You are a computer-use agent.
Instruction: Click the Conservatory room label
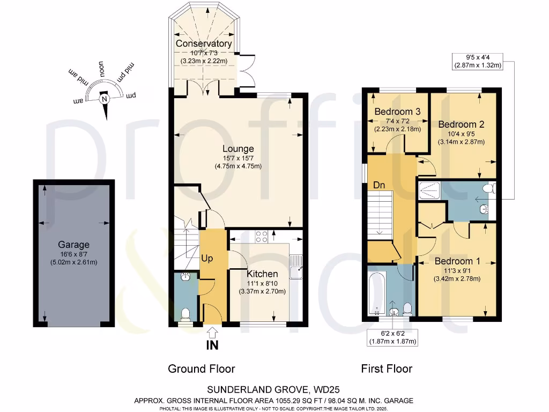click(203, 43)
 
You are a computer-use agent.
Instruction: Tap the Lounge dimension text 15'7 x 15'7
click(238, 158)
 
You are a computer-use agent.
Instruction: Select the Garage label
click(73, 245)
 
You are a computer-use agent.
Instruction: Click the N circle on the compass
click(104, 99)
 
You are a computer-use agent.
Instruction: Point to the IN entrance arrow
click(212, 333)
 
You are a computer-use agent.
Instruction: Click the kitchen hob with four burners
click(262, 237)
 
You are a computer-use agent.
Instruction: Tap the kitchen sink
click(296, 267)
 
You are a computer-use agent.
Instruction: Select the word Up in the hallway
click(207, 259)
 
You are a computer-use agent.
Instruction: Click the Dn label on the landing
click(379, 185)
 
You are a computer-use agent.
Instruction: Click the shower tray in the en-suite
click(429, 190)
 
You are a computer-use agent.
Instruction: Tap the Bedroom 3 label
click(397, 112)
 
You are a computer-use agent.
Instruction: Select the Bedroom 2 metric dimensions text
click(461, 142)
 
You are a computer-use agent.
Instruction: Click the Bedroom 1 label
click(457, 261)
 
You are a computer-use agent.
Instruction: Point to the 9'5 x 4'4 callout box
click(478, 62)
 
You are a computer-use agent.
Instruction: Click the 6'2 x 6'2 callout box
click(392, 337)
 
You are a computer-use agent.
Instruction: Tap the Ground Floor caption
click(202, 369)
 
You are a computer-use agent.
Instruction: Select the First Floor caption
click(387, 369)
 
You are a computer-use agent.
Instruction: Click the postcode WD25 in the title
click(327, 389)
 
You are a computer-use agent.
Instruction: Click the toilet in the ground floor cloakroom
click(185, 314)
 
